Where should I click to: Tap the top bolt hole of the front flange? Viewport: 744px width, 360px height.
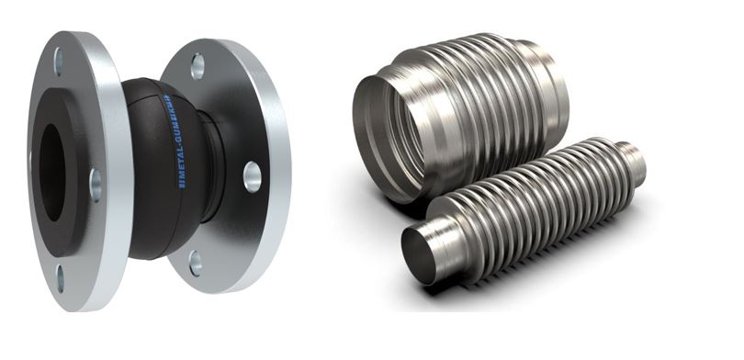point(59,62)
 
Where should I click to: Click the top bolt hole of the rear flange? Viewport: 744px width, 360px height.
point(197,65)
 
